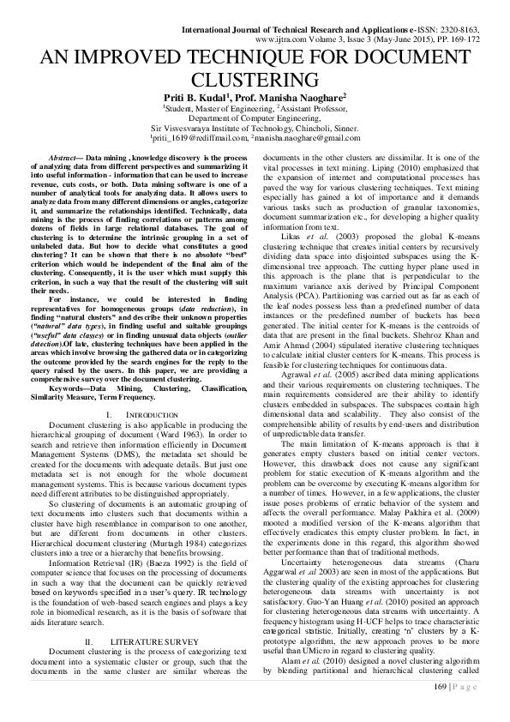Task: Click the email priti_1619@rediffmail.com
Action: (x=199, y=138)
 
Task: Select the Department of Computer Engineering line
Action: (x=255, y=118)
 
